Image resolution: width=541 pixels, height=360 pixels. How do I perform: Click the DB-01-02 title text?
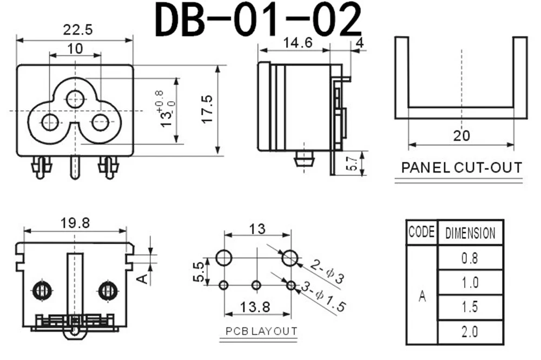[258, 19]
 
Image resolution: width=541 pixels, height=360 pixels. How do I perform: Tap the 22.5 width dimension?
[77, 30]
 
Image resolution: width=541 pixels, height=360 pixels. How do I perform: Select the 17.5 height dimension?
[207, 109]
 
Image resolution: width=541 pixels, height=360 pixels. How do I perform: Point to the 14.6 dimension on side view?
[298, 43]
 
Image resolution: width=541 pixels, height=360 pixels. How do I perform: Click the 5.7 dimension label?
[352, 163]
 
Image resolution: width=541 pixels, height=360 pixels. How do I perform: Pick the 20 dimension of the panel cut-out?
[461, 136]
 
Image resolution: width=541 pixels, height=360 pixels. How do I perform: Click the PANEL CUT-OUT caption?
[461, 168]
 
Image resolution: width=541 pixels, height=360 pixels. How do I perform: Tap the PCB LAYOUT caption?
[261, 331]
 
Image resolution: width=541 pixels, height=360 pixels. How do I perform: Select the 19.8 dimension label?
[75, 223]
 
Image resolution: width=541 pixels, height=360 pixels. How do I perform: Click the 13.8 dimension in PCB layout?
[255, 306]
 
